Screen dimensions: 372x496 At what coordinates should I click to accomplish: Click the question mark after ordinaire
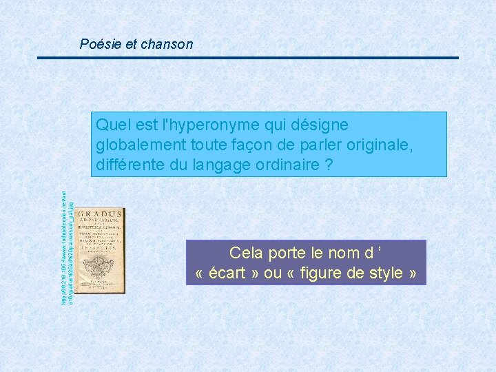point(329,165)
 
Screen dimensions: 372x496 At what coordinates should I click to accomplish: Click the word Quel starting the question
point(111,125)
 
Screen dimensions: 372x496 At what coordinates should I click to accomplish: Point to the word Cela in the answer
point(247,252)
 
